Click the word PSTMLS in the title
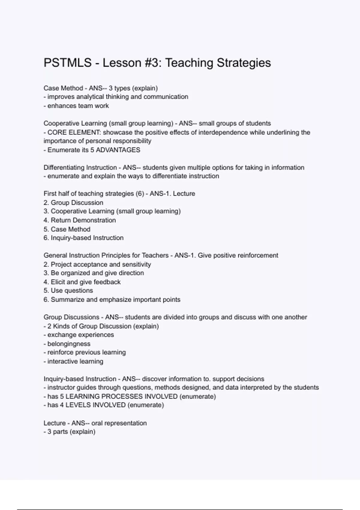tap(67, 63)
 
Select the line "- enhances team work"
tap(76, 106)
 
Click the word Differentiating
tap(64, 167)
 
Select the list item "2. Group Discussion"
tap(73, 202)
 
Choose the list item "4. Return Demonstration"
tap(79, 220)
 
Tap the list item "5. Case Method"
tap(67, 229)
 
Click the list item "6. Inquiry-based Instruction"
tap(83, 238)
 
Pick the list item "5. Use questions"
tap(68, 290)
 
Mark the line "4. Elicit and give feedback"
tap(82, 282)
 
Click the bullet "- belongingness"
tap(67, 344)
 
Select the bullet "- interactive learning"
tap(73, 361)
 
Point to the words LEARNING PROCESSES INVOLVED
tap(121, 396)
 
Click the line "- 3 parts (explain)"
tap(69, 432)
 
